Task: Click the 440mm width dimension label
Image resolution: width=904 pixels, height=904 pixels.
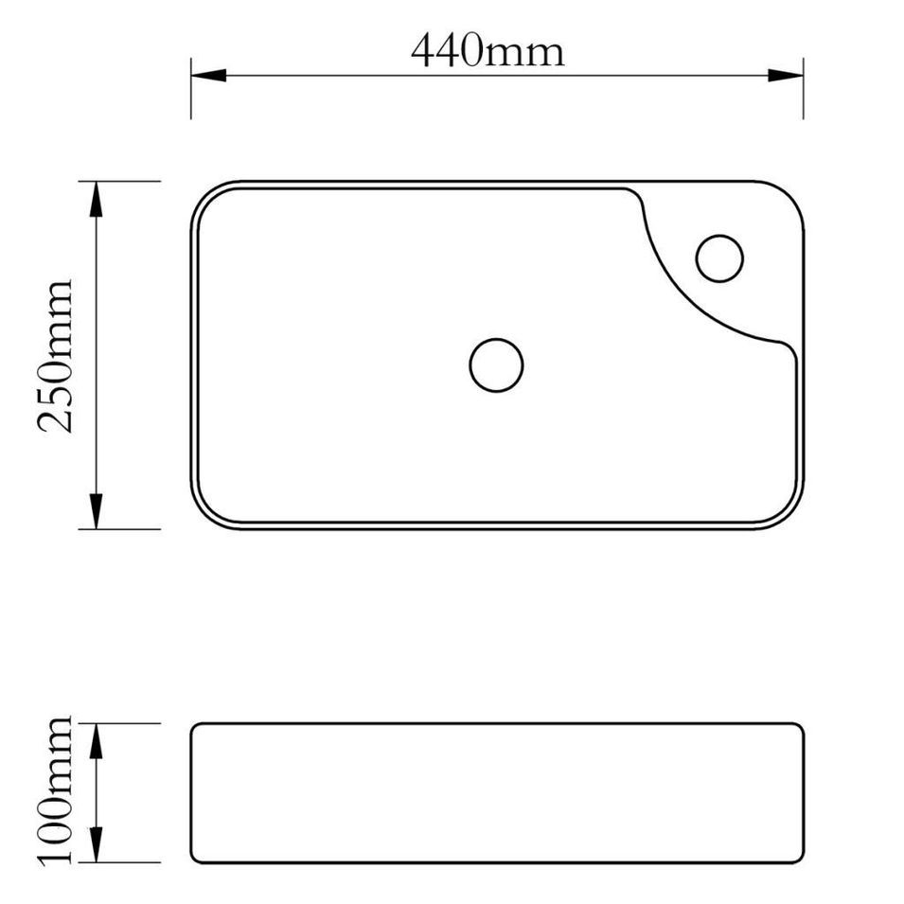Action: [x=487, y=50]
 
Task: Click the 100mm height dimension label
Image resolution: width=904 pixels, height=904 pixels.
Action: [x=55, y=791]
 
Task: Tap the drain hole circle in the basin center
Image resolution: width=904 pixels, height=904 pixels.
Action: [x=496, y=339]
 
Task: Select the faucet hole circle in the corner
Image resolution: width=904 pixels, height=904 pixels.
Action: [x=718, y=235]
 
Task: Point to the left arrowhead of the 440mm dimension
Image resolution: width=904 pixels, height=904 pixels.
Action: [x=208, y=75]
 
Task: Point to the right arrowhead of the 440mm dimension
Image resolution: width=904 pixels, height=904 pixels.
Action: [x=786, y=75]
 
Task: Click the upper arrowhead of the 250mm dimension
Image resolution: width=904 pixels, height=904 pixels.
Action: [x=96, y=199]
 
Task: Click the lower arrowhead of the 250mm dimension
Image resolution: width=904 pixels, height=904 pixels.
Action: [x=96, y=511]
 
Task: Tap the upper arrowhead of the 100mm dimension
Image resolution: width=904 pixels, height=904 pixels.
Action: [x=96, y=741]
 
